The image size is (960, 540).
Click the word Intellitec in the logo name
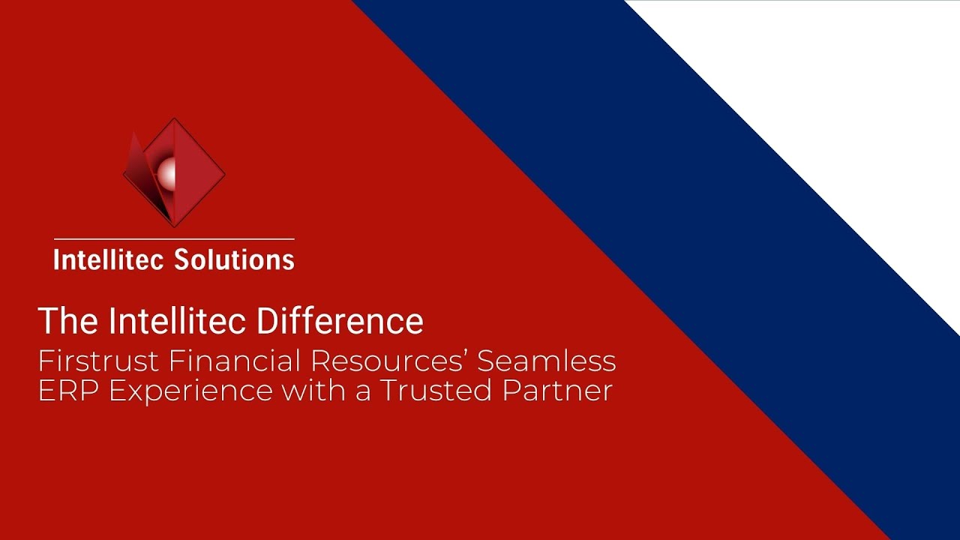(x=109, y=259)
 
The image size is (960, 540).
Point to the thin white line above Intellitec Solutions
(x=174, y=239)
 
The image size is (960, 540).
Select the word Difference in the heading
(x=340, y=320)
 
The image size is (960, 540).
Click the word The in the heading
(x=67, y=320)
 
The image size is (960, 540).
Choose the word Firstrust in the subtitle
(x=98, y=361)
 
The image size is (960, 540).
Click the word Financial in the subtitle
(x=234, y=361)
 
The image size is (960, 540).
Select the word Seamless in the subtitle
(x=547, y=361)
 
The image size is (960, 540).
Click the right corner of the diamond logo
(x=224, y=174)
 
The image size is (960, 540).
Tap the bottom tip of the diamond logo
(x=174, y=226)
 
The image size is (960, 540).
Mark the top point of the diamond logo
(x=174, y=118)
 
